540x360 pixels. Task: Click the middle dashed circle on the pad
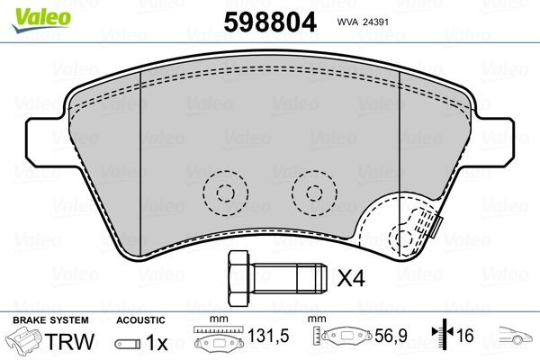pyautogui.click(x=310, y=192)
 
